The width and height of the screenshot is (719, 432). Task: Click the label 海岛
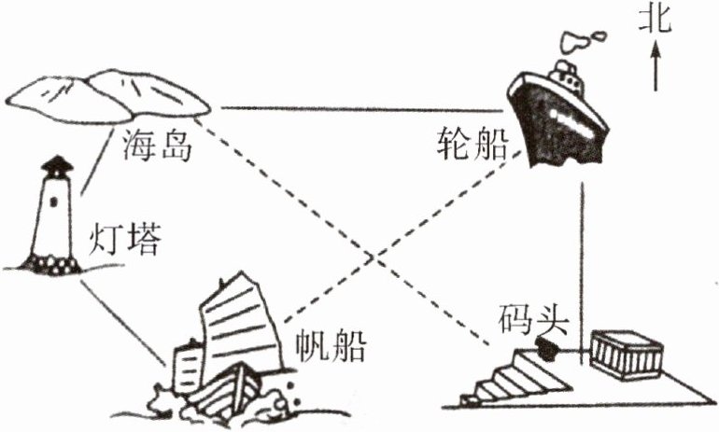pyautogui.click(x=157, y=145)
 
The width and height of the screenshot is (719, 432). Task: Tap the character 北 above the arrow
pyautogui.click(x=656, y=20)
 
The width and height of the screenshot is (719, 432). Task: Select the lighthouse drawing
pyautogui.click(x=53, y=219)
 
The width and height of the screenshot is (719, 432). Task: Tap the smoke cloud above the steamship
pyautogui.click(x=583, y=39)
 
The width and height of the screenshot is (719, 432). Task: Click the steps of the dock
pyautogui.click(x=509, y=378)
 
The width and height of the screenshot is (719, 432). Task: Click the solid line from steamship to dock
pyautogui.click(x=582, y=261)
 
